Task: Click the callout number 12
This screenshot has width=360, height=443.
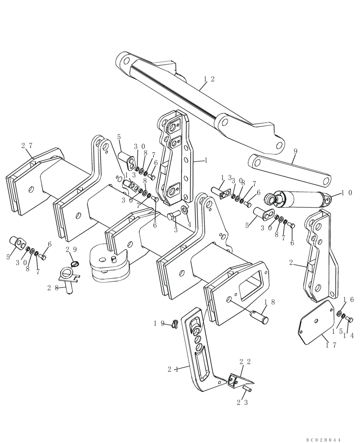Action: coord(209,79)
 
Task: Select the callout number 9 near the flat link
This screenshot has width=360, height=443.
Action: coord(295,151)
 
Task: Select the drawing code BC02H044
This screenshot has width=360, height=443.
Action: coord(323,439)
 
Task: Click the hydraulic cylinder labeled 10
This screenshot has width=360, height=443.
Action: coord(297,198)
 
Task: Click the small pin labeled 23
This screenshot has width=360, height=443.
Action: coord(247,389)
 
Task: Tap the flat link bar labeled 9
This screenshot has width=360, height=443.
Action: coord(290,171)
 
